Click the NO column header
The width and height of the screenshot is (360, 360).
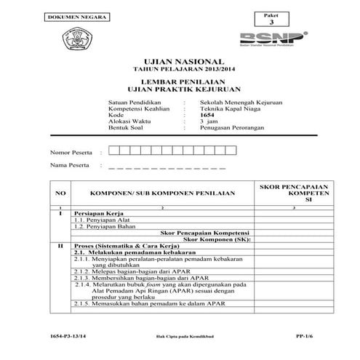[60, 194]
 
